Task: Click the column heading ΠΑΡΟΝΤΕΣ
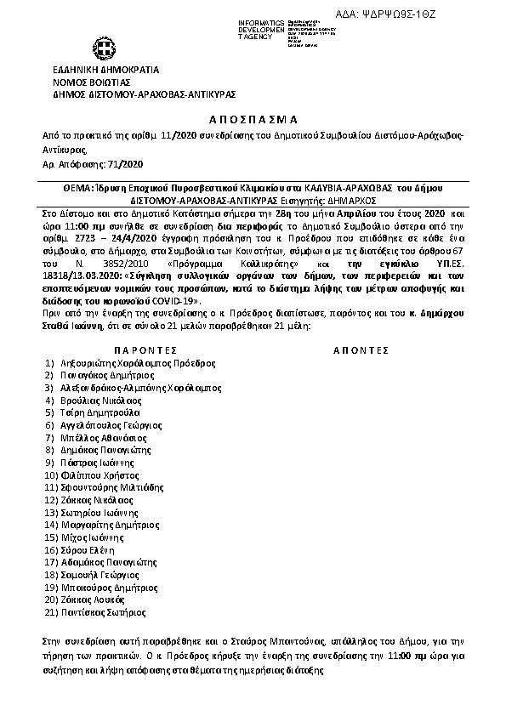(x=145, y=349)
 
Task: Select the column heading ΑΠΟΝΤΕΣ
(x=361, y=349)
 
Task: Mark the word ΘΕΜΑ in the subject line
(x=56, y=185)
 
